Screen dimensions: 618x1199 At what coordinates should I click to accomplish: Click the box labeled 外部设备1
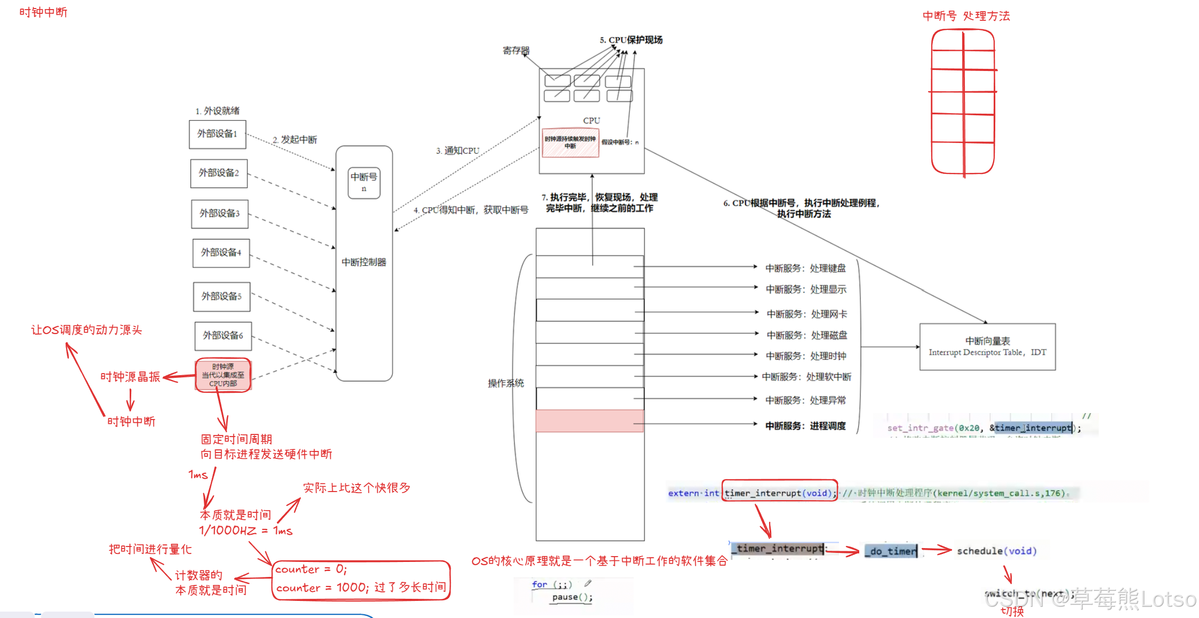217,134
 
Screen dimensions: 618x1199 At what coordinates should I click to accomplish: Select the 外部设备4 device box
221,252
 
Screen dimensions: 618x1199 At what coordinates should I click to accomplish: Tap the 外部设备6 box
223,336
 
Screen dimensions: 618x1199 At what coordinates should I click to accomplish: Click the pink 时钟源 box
223,375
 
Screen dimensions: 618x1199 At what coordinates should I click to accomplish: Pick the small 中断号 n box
364,183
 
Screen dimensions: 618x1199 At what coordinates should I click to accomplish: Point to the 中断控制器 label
364,262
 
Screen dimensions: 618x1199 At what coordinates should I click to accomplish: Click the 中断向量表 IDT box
987,346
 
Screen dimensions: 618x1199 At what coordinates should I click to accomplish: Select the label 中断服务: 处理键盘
805,268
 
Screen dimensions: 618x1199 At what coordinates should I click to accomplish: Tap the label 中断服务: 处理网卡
806,314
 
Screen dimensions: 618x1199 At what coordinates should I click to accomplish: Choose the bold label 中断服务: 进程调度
805,426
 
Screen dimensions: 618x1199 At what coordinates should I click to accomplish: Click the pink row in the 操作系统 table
589,421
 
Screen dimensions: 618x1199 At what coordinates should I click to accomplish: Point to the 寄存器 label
516,51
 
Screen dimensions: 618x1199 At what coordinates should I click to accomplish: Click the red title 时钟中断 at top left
43,12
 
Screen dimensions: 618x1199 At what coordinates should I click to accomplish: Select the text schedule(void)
996,551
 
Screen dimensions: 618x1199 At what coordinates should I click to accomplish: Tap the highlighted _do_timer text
891,551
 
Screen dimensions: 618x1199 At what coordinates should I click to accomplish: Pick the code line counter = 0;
311,569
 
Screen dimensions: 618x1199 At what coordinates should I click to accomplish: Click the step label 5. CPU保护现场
631,40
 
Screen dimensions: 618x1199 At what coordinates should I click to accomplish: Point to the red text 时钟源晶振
130,377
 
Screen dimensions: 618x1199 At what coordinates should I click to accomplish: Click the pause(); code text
572,597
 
